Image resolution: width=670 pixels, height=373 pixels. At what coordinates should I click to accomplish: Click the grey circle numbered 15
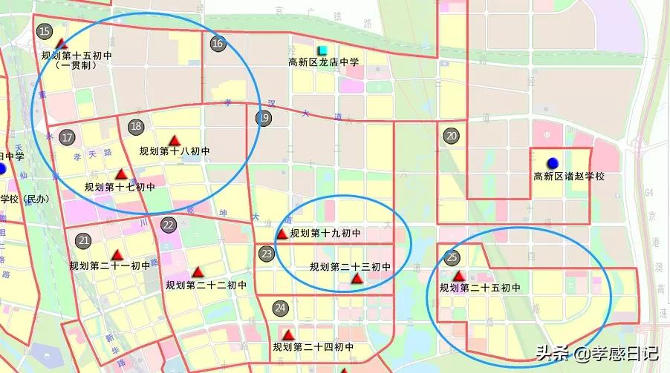[45, 31]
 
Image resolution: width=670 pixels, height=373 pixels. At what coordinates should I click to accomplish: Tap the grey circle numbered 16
[218, 43]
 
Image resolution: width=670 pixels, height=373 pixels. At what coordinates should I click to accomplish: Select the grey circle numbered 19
[264, 117]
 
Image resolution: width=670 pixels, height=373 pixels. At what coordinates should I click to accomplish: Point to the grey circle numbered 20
[452, 136]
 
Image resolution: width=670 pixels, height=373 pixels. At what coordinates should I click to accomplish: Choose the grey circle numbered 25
[452, 258]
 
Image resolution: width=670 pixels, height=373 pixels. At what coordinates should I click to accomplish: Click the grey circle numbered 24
[280, 308]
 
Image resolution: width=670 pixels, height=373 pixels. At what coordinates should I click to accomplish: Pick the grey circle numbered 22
[169, 225]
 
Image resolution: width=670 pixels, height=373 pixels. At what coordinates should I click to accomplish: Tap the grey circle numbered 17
[67, 137]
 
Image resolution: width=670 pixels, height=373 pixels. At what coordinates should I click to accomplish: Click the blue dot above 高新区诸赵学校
[552, 163]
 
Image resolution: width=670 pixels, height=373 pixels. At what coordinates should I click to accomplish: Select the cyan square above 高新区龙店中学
[322, 50]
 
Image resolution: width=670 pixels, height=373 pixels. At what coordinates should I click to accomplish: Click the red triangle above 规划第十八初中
[175, 139]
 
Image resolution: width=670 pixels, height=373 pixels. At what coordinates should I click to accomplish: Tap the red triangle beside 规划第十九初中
[282, 234]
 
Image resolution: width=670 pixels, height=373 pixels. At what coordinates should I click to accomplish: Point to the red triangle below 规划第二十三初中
[357, 279]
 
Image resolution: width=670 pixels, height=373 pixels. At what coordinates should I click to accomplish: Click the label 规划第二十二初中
[206, 285]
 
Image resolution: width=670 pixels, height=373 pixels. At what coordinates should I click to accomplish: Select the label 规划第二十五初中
[480, 288]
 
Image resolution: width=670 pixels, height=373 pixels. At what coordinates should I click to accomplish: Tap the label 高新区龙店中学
[324, 62]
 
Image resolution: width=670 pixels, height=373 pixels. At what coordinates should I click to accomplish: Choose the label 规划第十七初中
[120, 187]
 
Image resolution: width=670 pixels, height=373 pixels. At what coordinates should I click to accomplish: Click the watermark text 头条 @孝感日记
[595, 354]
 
